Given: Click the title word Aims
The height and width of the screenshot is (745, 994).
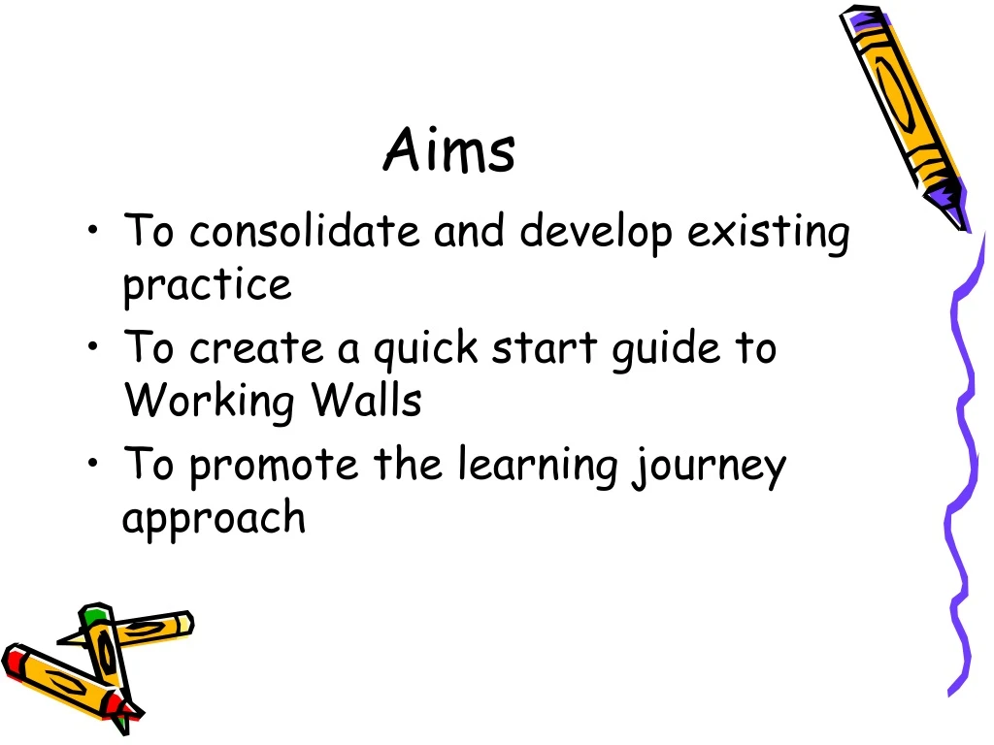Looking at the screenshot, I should (448, 151).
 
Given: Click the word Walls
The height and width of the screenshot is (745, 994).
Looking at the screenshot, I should (365, 399).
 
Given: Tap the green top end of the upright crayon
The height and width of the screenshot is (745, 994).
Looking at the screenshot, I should (94, 614).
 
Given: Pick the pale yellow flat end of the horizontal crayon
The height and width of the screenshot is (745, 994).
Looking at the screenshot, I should (184, 624).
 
